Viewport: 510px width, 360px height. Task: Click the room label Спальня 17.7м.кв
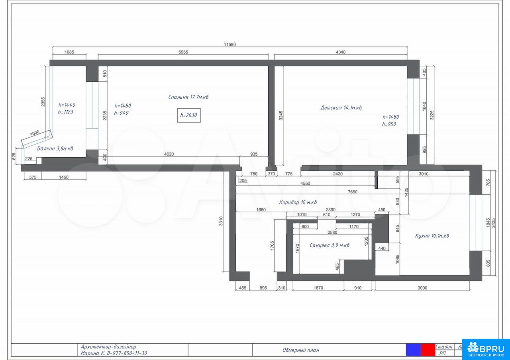[188, 97]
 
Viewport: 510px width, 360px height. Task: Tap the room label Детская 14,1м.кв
[341, 108]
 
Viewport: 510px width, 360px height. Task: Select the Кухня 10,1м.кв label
[432, 236]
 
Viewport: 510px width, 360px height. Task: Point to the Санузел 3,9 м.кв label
[330, 245]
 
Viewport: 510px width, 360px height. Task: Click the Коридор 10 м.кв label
[298, 202]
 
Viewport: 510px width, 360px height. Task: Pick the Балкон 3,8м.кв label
[55, 149]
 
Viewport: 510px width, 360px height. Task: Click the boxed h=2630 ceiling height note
[189, 115]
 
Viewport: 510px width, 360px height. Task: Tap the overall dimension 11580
[230, 45]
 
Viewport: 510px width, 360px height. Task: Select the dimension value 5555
[183, 52]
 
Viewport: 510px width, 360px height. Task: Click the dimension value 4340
[341, 52]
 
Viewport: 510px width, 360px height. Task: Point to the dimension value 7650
[353, 192]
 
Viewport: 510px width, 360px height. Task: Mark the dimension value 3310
[221, 221]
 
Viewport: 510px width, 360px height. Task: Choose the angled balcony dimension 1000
[35, 133]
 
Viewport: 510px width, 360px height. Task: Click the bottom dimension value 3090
[422, 288]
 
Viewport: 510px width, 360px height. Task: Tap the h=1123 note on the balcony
[66, 112]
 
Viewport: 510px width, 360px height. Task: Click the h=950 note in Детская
[389, 124]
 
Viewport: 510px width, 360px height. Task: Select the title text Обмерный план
[301, 350]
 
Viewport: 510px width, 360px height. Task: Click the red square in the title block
[428, 350]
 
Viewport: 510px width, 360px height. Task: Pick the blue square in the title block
[413, 350]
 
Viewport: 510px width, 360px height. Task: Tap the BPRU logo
[486, 349]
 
